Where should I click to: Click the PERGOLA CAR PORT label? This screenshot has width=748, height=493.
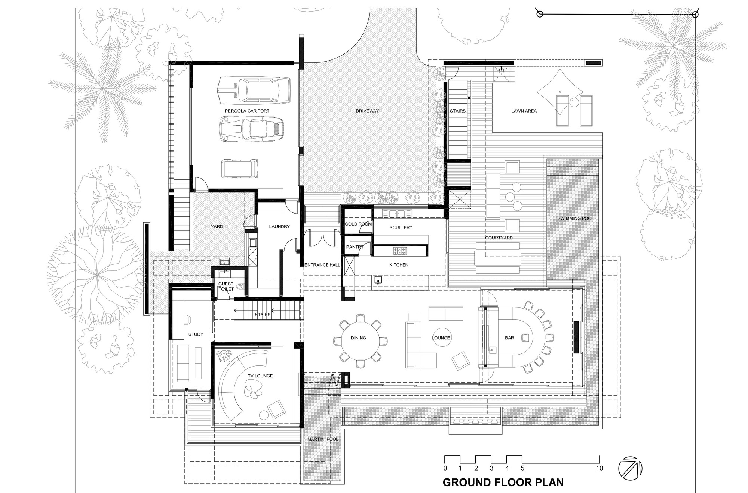coord(247,111)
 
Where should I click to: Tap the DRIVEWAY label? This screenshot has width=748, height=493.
coord(367,111)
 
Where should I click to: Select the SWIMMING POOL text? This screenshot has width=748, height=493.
coord(575,218)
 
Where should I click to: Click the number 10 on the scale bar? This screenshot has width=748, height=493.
coord(599,468)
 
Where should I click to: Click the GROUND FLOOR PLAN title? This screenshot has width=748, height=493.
coord(503,483)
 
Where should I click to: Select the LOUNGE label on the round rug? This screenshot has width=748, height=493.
coord(441,338)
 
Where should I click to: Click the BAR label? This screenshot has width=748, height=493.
coord(509,338)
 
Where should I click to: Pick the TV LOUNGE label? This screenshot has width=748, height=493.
coord(260,376)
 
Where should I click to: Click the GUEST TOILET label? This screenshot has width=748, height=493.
coord(226,287)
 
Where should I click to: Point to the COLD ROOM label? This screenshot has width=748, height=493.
coord(358,224)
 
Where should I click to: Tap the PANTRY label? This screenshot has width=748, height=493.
coord(355,247)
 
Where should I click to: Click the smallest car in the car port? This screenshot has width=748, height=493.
coord(240,169)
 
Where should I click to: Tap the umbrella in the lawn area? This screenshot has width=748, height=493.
coord(560,92)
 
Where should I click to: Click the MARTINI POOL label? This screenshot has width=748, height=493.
coord(322,439)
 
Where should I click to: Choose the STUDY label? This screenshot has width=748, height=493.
coord(196,334)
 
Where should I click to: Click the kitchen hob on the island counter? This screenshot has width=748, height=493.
coord(399,251)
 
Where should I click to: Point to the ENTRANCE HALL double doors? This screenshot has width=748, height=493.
coord(322,239)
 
